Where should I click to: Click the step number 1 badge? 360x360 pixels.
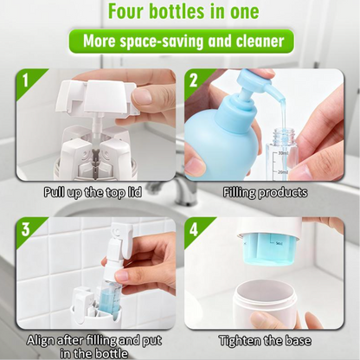point(26,80)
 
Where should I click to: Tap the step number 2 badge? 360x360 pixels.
point(193,80)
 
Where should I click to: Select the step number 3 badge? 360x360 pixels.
point(26,229)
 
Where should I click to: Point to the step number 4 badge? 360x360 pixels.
point(194,229)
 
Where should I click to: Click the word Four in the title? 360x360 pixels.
point(127,11)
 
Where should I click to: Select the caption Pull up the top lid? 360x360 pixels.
point(93,192)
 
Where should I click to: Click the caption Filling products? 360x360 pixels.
point(265,193)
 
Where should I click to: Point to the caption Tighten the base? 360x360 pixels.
point(265,341)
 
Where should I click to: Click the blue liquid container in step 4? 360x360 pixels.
point(269,250)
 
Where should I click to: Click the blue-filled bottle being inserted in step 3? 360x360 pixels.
point(109,296)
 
